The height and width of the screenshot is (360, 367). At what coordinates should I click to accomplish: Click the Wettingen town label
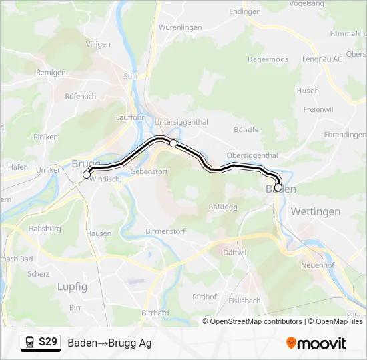coord(316,211)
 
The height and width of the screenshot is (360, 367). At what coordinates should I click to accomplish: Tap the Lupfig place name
coord(73,286)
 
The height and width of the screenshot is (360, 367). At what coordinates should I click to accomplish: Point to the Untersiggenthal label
coord(181,122)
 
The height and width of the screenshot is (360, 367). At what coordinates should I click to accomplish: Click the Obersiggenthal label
coord(252,155)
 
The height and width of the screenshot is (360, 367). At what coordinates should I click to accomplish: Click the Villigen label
coord(98,43)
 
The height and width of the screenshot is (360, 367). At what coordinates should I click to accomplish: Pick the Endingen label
coord(244,12)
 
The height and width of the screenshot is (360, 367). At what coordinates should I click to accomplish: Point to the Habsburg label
coord(45,229)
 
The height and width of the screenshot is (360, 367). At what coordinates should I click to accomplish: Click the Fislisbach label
coord(244,301)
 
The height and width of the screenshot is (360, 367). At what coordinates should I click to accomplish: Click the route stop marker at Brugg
coord(87,175)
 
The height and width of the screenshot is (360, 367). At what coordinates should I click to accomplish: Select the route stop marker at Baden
coord(278,187)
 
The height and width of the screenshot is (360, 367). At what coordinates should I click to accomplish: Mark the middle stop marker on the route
coord(173,143)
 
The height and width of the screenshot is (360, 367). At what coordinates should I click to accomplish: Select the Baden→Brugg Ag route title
coord(109,343)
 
